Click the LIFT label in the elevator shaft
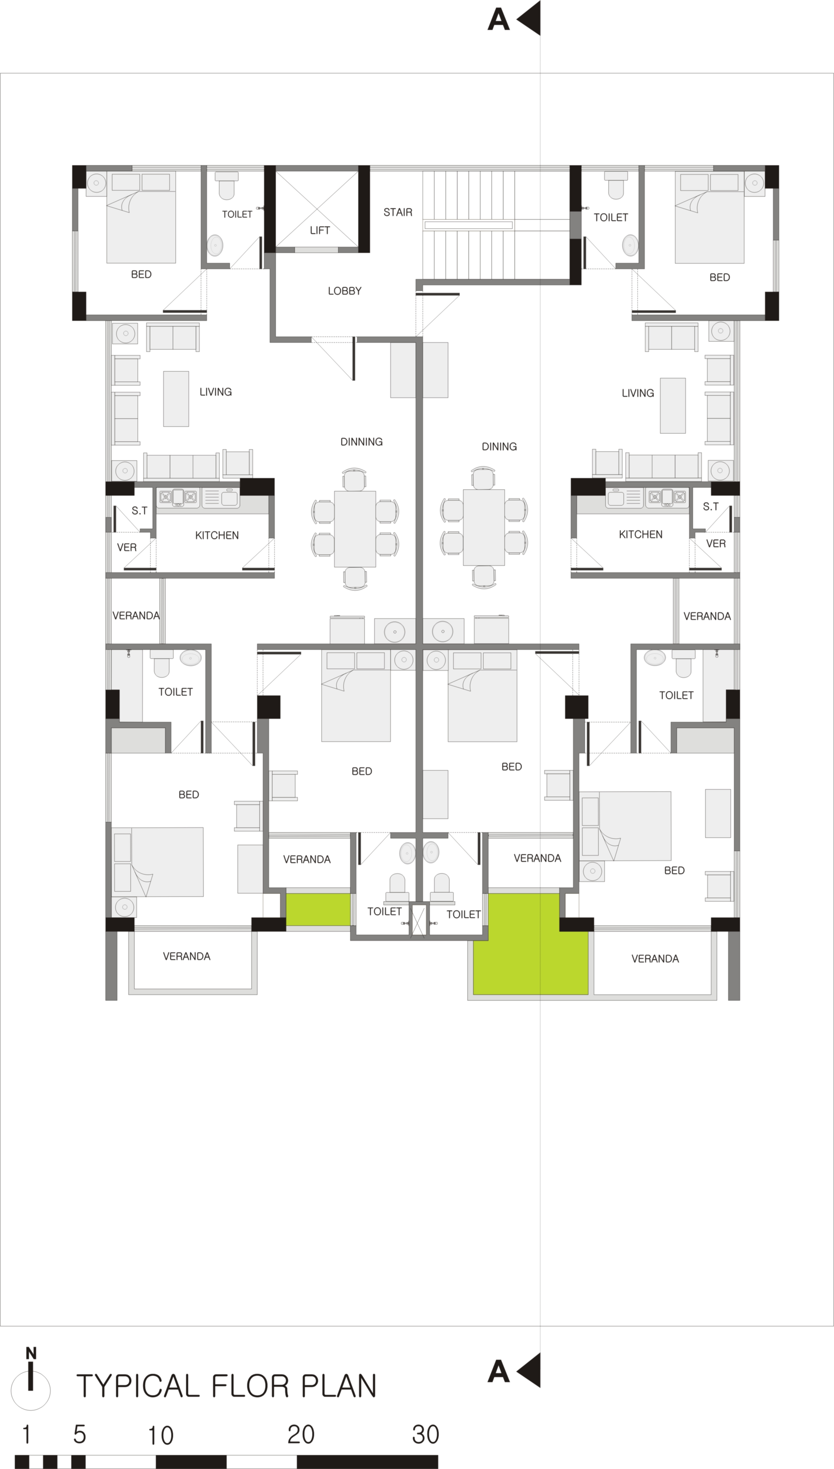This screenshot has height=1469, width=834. pyautogui.click(x=320, y=230)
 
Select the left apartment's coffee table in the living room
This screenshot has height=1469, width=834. pyautogui.click(x=176, y=398)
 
